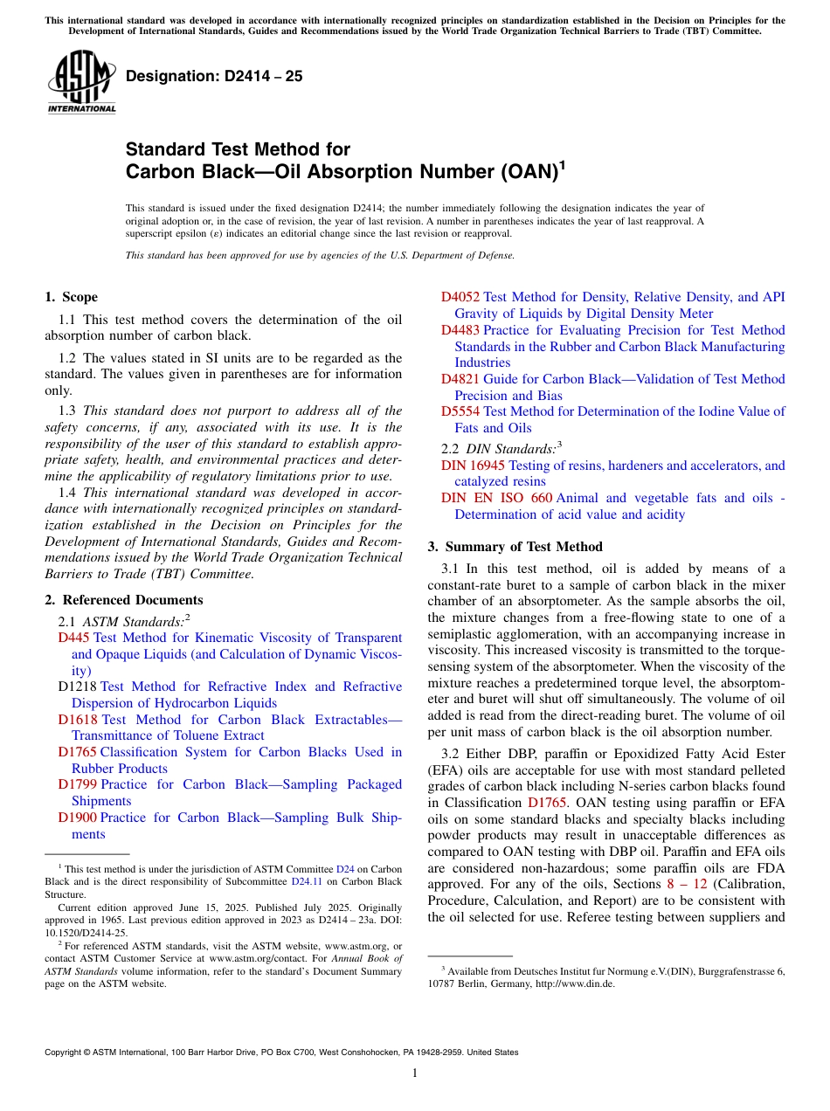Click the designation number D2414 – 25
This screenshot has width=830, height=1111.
[214, 76]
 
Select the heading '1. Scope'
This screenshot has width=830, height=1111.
[71, 297]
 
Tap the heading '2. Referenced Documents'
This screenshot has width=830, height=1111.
[123, 600]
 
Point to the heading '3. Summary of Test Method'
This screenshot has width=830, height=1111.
[515, 547]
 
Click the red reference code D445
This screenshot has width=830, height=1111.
[74, 638]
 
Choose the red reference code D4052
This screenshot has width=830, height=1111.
[460, 297]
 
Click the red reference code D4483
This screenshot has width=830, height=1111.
[460, 330]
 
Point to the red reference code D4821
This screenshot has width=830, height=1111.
[460, 379]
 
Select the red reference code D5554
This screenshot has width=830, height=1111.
[460, 411]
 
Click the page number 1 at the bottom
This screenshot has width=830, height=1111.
[415, 1073]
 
